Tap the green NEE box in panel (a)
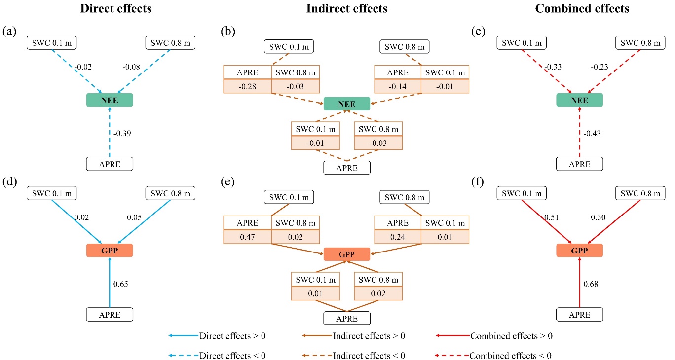point(110,100)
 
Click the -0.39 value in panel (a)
point(122,133)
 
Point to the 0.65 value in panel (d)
point(121,284)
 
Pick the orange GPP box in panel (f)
point(579,251)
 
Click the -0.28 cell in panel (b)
point(247,87)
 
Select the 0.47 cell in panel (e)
point(247,237)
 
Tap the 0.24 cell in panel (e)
point(398,237)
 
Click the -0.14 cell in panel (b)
point(398,87)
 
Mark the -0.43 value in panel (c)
point(592,133)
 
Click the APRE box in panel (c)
point(580,164)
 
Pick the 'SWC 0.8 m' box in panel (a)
point(170,42)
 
